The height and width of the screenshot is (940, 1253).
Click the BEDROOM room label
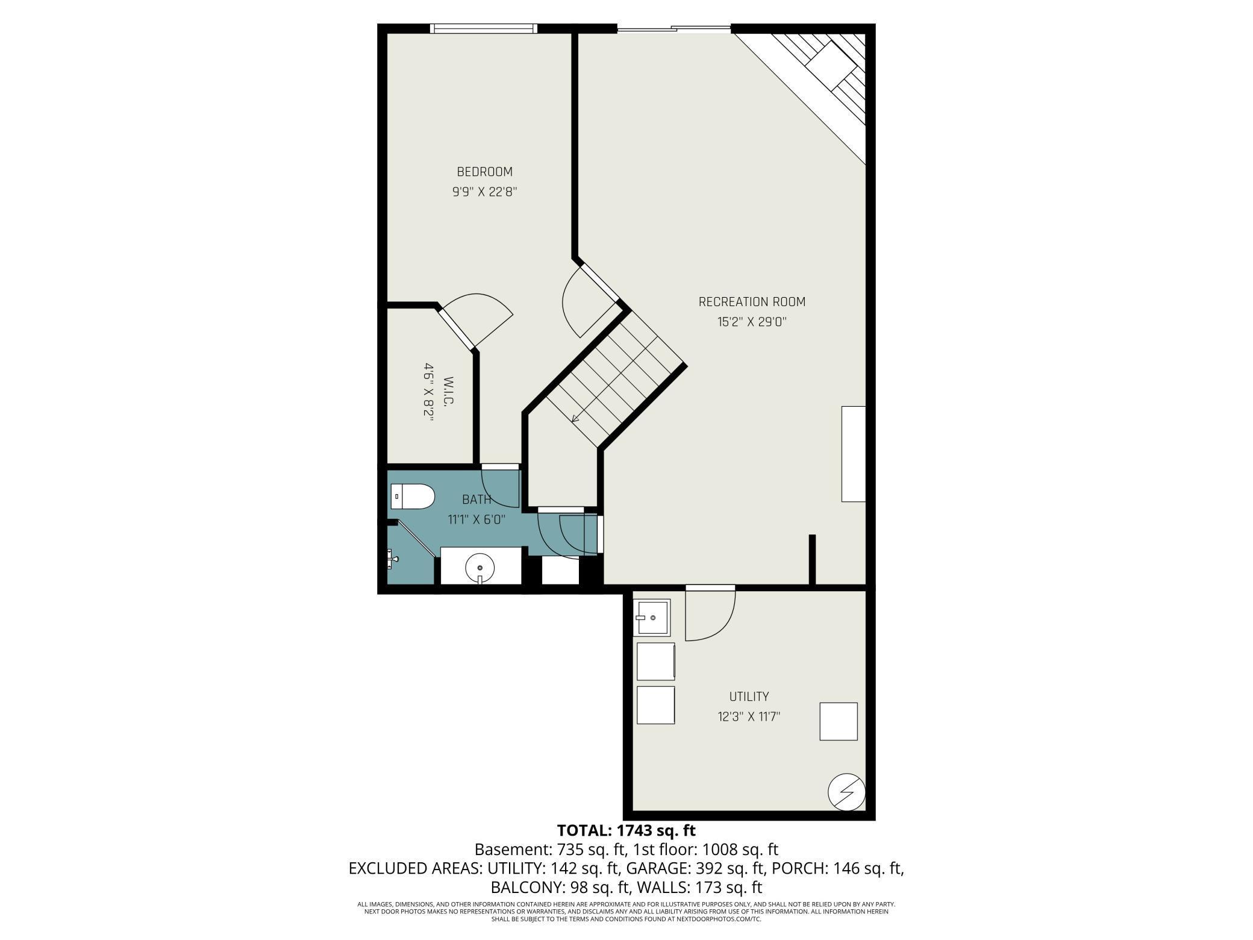pos(484,172)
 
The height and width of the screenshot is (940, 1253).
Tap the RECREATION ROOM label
pos(752,301)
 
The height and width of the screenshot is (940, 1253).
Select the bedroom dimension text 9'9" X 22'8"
pos(485,192)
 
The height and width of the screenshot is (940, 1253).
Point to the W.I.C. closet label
pos(448,392)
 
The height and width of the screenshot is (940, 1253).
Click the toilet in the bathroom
pos(413,497)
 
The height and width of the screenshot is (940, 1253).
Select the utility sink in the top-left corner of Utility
pos(652,618)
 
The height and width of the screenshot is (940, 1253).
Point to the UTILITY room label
pos(749,697)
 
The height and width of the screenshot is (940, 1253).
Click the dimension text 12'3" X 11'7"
pos(749,716)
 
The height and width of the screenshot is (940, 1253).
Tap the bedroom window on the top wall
pos(484,28)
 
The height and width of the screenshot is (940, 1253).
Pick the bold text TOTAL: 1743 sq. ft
pos(626,830)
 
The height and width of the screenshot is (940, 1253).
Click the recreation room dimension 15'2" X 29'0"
pos(752,322)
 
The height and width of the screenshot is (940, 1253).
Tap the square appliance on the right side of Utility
pos(839,721)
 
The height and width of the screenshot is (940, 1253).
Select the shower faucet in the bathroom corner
pos(393,559)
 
